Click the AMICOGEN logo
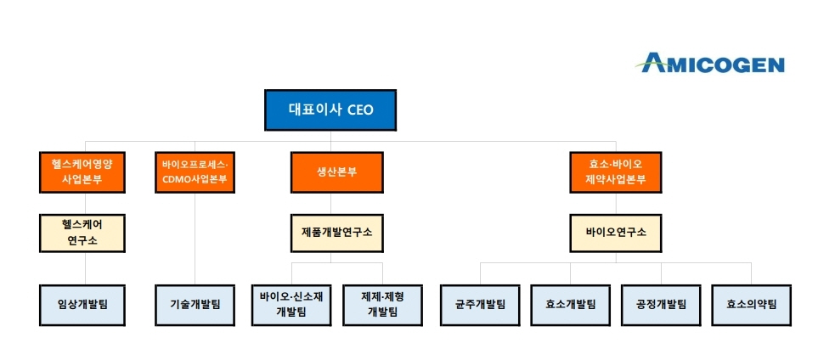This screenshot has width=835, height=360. (x=712, y=63)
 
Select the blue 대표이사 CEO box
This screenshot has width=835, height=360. (x=330, y=110)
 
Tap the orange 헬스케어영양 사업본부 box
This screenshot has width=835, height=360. (x=82, y=172)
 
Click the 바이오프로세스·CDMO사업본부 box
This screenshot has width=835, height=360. (x=195, y=172)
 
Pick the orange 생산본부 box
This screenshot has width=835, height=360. (x=336, y=172)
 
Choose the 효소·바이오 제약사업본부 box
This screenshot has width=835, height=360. (x=616, y=172)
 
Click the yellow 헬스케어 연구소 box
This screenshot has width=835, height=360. (x=82, y=233)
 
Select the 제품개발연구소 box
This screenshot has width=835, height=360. (x=336, y=233)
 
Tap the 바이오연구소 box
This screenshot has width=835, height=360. (x=616, y=233)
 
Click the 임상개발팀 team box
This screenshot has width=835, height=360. (x=82, y=304)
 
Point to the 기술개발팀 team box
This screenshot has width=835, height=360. (x=195, y=304)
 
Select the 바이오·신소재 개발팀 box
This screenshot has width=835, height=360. (x=291, y=304)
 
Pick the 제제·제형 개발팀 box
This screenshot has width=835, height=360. (x=382, y=304)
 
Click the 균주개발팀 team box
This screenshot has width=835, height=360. (x=480, y=304)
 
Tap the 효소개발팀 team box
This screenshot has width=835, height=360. (x=570, y=304)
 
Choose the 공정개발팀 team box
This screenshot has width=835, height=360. (x=661, y=304)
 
